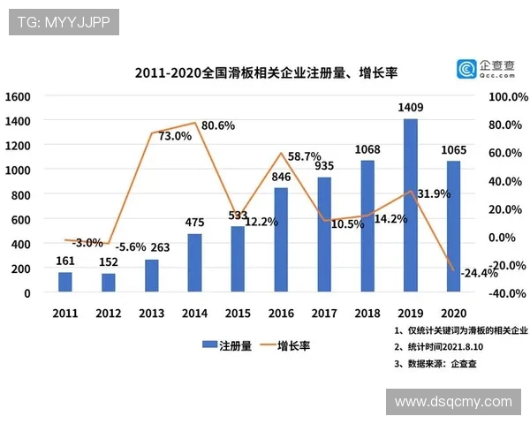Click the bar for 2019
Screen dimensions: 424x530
410,205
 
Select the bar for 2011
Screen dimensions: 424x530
65,282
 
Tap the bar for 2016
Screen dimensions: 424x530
281,239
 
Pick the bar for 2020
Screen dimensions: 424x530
453,226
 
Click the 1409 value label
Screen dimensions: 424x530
411,109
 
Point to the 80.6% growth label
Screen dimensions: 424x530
218,125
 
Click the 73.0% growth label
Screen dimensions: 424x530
174,136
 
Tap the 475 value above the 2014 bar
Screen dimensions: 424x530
195,223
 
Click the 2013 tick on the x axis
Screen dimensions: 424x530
152,314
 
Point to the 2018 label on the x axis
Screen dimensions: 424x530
367,314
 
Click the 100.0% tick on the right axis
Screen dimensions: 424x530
506,95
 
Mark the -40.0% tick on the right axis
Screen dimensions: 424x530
506,293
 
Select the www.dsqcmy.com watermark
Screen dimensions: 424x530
453,402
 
